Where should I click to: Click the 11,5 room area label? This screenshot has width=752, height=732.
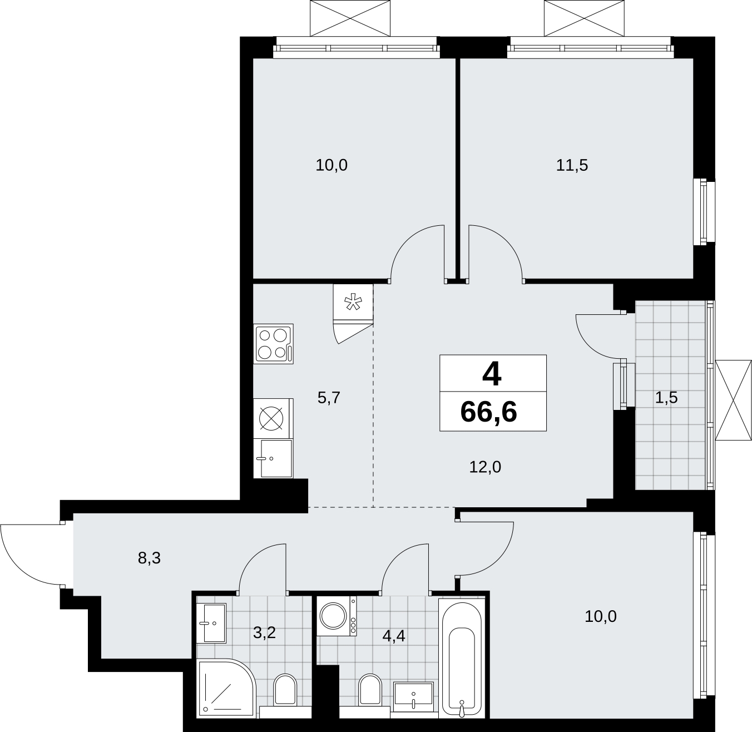[x=572, y=165]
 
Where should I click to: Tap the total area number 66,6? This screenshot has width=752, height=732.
[x=488, y=412]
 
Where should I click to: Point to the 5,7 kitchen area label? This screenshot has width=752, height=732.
[x=329, y=398]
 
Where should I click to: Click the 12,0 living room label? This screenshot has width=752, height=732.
[x=485, y=467]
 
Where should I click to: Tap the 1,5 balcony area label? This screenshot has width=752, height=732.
[x=666, y=397]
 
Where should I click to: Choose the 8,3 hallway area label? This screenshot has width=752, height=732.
[x=149, y=558]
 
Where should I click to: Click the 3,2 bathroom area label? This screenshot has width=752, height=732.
[x=264, y=632]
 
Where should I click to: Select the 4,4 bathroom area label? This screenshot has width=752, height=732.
[x=394, y=636]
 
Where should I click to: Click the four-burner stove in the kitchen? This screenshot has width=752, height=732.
[x=274, y=344]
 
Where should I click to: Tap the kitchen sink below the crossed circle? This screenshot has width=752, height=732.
[x=273, y=459]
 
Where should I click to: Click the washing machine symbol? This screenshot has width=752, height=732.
[x=337, y=616]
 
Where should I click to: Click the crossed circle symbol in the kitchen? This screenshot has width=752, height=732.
[x=271, y=418]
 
